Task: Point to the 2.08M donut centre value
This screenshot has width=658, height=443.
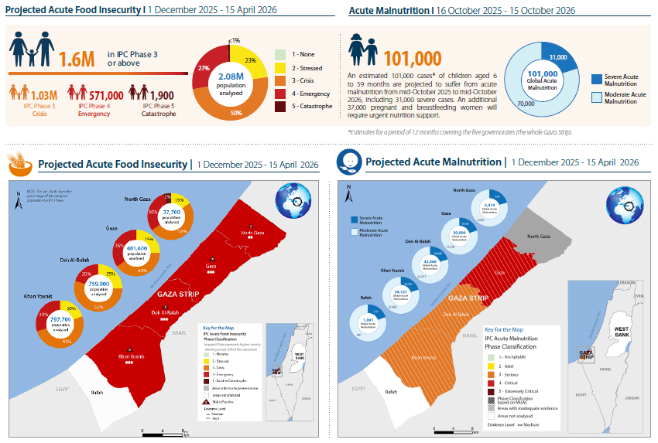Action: [x=230, y=77]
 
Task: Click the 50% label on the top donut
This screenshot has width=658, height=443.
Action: [x=235, y=113]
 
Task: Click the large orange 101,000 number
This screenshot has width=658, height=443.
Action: [x=413, y=57]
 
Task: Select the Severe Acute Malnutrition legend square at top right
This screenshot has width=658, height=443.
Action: [x=596, y=78]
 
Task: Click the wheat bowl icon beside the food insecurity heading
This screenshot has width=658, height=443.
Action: [x=19, y=163]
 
